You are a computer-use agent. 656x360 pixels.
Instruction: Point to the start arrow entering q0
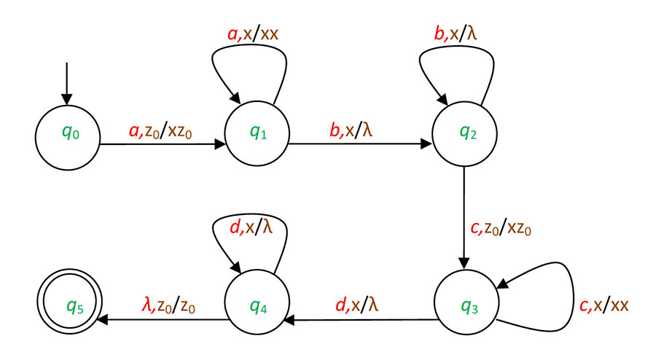67,83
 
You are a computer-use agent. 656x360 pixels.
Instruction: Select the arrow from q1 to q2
361,144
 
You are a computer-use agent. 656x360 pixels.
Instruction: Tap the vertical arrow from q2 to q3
464,219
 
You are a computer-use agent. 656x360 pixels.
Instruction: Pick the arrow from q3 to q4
361,318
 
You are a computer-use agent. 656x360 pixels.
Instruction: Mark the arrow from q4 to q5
160,318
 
